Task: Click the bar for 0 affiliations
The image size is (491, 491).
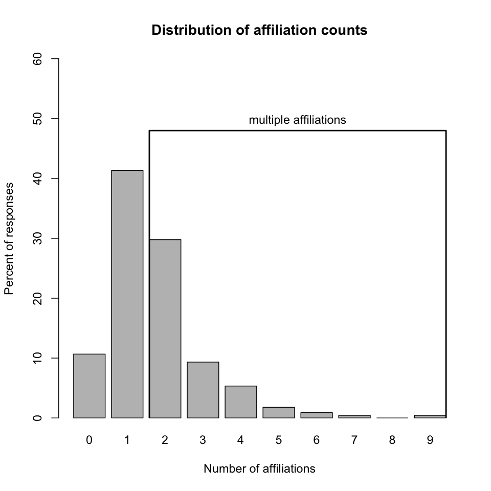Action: tap(89, 386)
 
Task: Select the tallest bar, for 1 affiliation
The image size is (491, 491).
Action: tap(127, 294)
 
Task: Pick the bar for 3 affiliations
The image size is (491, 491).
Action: tap(203, 390)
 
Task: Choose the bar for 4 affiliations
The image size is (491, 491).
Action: tap(240, 401)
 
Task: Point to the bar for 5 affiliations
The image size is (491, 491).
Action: tap(278, 412)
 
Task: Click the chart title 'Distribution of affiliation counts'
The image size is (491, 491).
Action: tap(259, 31)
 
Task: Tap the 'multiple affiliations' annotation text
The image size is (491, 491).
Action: tap(297, 120)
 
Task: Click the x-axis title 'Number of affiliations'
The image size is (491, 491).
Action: tap(259, 468)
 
